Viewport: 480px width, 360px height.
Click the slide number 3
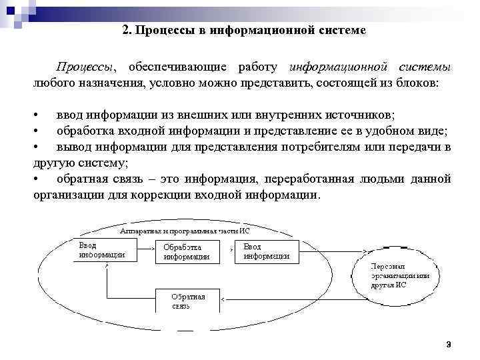[x=449, y=345]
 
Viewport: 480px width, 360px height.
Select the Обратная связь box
[x=187, y=301]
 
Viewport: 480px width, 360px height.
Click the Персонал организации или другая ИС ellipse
[x=400, y=274]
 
